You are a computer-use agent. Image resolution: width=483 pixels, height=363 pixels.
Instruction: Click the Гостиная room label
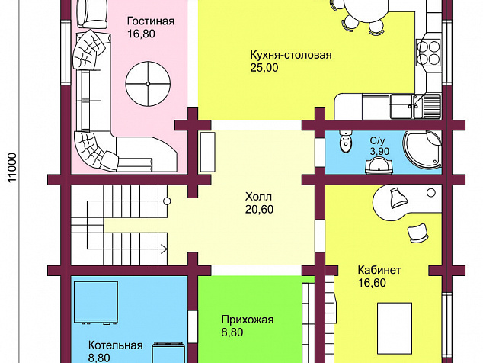[151, 21]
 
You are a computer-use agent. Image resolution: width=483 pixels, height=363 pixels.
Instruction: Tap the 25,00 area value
[264, 68]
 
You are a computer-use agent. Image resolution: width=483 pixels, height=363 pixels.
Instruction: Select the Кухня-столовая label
[291, 55]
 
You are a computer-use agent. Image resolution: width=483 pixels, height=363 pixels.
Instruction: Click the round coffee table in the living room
[148, 84]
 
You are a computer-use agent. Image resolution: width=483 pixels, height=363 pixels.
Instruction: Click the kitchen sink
[415, 107]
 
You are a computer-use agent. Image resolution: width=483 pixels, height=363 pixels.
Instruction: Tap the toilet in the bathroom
[345, 142]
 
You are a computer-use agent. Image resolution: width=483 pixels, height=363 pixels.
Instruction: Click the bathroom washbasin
[379, 165]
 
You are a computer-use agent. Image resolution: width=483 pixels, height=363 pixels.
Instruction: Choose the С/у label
[377, 141]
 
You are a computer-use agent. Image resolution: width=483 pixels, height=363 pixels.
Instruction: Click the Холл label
[258, 197]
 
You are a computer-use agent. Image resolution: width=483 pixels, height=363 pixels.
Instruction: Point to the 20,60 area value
[259, 210]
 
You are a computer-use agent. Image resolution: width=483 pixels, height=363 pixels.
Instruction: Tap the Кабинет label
[379, 270]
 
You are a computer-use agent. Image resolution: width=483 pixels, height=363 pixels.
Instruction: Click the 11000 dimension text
[11, 167]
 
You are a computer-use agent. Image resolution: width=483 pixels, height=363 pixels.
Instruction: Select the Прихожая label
[248, 320]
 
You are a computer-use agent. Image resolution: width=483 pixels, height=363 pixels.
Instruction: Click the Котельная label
[116, 345]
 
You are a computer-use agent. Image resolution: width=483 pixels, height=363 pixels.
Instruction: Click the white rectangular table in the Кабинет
[395, 328]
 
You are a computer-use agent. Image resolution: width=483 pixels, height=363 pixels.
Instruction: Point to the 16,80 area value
[141, 34]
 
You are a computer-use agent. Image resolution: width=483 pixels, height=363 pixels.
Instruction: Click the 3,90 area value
[379, 152]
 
